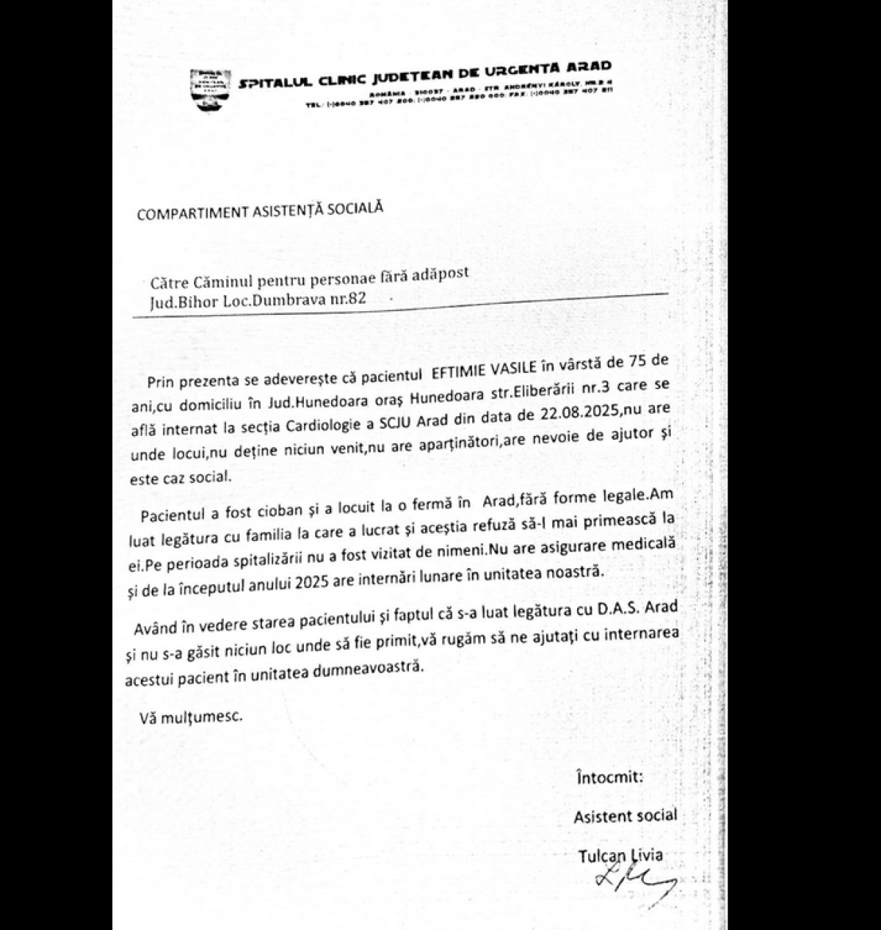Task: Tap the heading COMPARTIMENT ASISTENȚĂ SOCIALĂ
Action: pyautogui.click(x=260, y=211)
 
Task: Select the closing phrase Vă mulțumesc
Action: pyautogui.click(x=190, y=716)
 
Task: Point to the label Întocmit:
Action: pyautogui.click(x=609, y=777)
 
